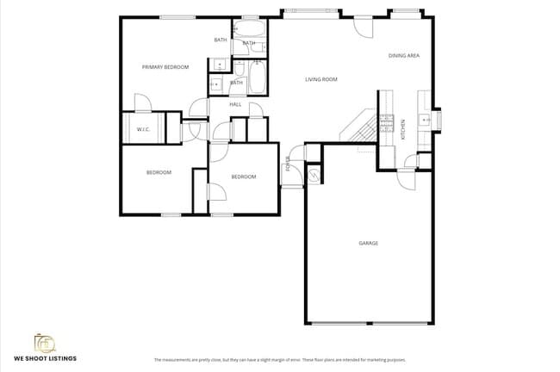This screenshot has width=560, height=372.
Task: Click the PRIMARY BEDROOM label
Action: (x=165, y=66)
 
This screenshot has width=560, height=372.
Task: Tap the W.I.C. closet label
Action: (x=143, y=129)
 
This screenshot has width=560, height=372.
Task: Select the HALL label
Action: (x=234, y=104)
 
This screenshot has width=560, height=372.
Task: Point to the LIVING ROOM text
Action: (x=320, y=79)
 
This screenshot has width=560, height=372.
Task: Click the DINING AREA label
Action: (x=403, y=55)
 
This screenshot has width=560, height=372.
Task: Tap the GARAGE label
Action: (x=368, y=243)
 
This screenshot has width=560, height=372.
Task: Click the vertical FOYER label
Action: (x=288, y=164)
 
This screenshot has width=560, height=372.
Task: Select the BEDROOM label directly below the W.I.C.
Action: (x=159, y=172)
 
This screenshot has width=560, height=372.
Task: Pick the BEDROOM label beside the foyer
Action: (x=244, y=177)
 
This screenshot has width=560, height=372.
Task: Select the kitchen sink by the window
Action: (x=425, y=120)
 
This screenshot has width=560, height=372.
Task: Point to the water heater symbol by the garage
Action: (x=314, y=175)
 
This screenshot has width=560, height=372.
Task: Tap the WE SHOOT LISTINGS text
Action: (x=45, y=357)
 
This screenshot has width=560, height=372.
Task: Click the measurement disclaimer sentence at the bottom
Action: (x=279, y=359)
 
